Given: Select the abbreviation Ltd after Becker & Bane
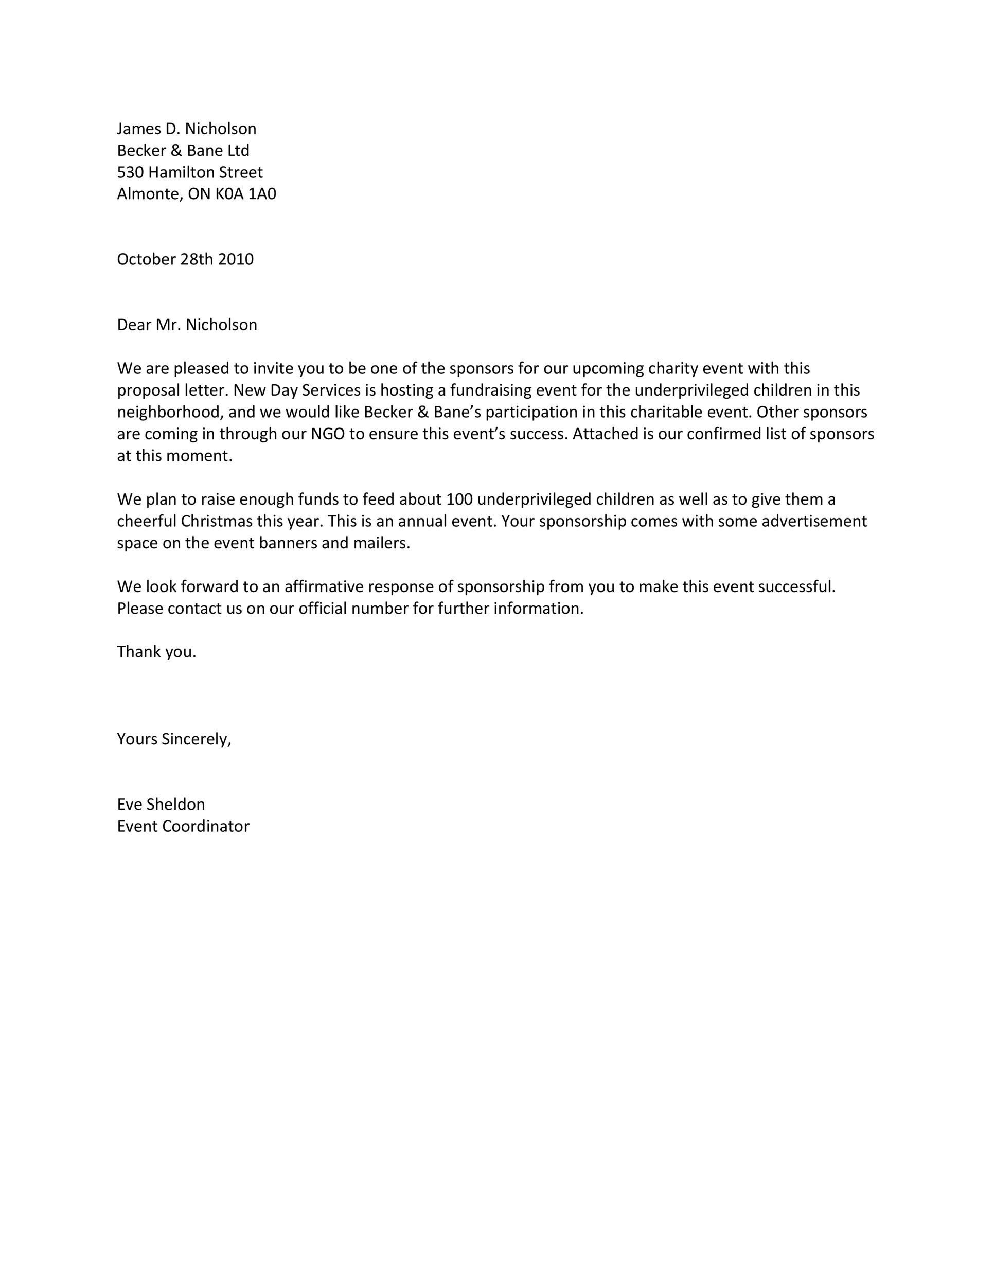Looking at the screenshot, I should [x=239, y=151].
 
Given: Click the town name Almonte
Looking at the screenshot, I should [x=148, y=194].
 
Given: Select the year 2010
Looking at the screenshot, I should [x=236, y=260].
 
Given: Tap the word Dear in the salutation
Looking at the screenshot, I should [x=134, y=325].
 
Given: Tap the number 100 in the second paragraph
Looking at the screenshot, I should [x=459, y=499].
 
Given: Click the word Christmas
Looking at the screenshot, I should [x=216, y=521].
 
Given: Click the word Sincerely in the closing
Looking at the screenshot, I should [x=196, y=739].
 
